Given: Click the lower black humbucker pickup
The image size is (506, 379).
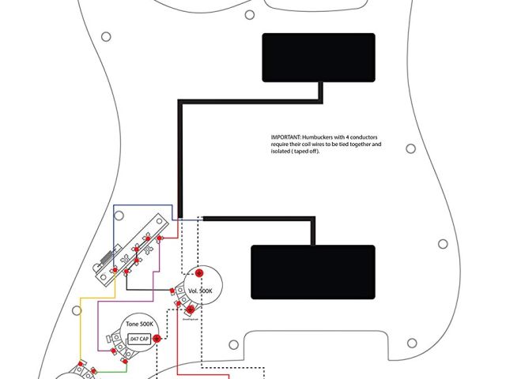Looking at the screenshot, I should (312, 272).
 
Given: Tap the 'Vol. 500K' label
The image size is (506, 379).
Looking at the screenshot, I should (200, 291).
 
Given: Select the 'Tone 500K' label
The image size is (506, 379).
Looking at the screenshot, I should (139, 326).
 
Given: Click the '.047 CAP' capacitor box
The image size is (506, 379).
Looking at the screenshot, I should (138, 340).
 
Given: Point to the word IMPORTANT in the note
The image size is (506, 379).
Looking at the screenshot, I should (286, 137).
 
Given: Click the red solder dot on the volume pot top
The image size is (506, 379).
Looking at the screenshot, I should (199, 273).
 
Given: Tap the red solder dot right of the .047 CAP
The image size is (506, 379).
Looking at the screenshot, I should (157, 339).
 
